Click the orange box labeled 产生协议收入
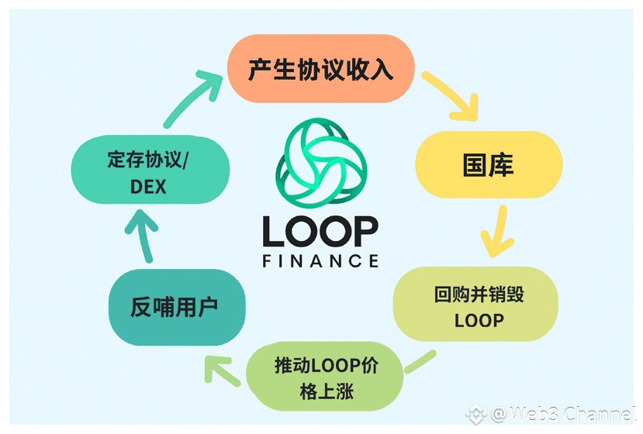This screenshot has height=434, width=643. click(320, 70)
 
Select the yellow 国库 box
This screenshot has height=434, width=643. click(488, 164)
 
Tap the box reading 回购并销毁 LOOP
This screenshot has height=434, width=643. click(475, 307)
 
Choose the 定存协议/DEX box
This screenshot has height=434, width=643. click(149, 172)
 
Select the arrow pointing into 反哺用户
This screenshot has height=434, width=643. click(221, 367)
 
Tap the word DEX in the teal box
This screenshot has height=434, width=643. click(148, 186)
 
